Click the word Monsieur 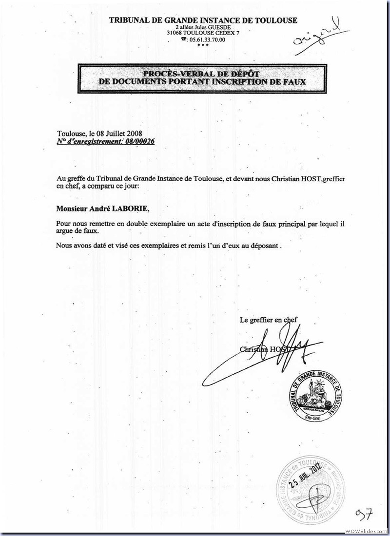tap(74, 209)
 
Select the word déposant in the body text tap(266, 246)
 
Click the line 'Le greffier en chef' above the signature tap(269, 320)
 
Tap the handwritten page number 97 tap(363, 514)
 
